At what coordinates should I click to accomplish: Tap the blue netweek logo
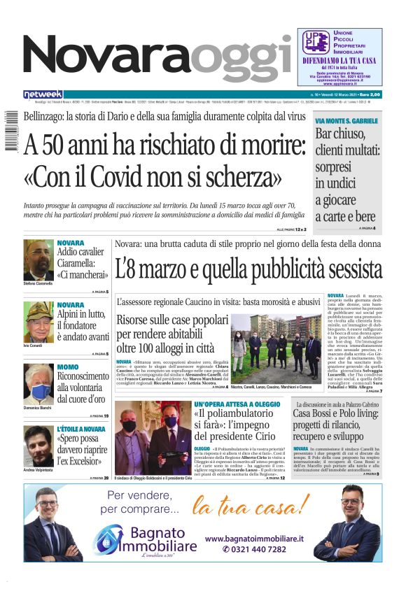coord(43,94)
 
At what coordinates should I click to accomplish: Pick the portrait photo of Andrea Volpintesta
coord(38,446)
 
